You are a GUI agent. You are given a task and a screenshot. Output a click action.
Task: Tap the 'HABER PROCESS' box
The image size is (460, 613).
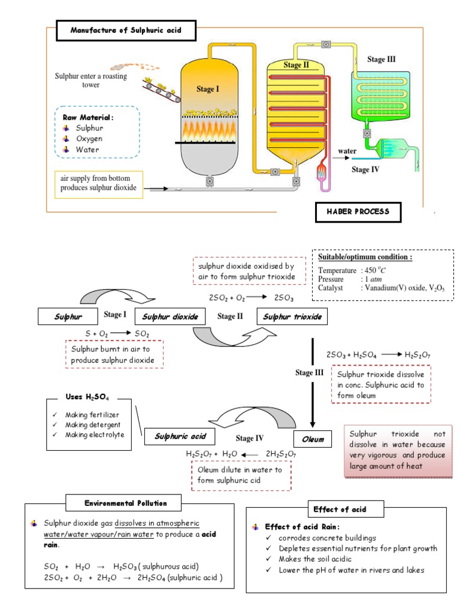[x=358, y=212]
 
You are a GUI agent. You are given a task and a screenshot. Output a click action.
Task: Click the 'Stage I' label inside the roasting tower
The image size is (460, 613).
[x=208, y=89]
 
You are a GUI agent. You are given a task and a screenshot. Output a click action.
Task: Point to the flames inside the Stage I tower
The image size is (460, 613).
[x=207, y=128]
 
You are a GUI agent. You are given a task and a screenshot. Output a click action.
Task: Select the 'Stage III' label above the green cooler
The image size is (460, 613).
[x=381, y=59]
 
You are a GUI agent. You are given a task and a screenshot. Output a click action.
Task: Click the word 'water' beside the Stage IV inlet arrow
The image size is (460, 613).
[x=348, y=151]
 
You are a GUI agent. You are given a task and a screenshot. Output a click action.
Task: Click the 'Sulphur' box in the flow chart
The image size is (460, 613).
[x=68, y=316]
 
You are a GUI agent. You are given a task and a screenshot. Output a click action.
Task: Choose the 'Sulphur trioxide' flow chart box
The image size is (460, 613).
[x=292, y=316]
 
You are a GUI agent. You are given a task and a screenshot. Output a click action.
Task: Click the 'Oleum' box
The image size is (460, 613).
[x=312, y=439]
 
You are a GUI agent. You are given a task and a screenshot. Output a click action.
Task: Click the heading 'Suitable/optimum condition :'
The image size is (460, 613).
[x=365, y=257]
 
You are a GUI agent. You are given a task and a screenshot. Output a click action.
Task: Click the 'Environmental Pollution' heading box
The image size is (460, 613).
[x=125, y=503]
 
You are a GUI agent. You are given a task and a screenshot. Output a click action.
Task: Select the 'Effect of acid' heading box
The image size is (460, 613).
[x=340, y=509]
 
